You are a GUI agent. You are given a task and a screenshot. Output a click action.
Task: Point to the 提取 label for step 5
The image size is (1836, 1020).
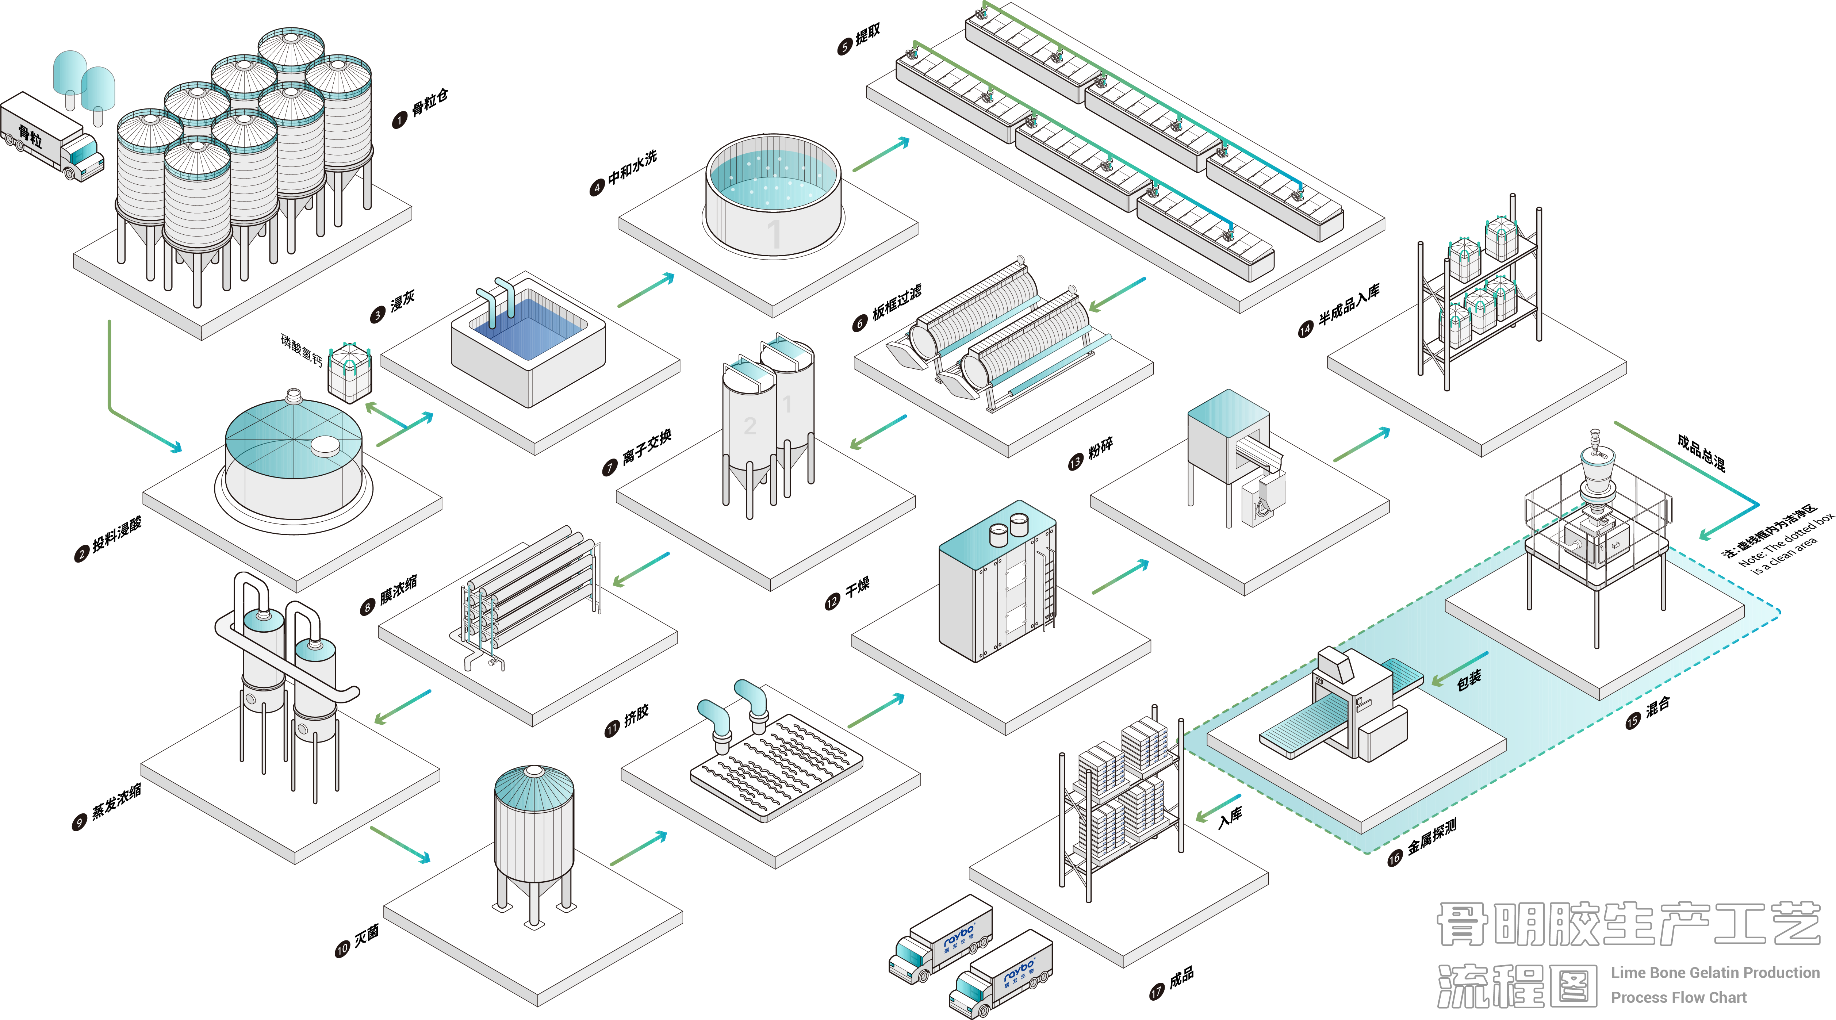[x=867, y=34]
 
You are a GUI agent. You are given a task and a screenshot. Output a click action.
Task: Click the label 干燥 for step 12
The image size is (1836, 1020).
[x=858, y=588]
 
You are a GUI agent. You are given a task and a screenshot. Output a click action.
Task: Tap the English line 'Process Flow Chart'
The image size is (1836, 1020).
[x=1679, y=997]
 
